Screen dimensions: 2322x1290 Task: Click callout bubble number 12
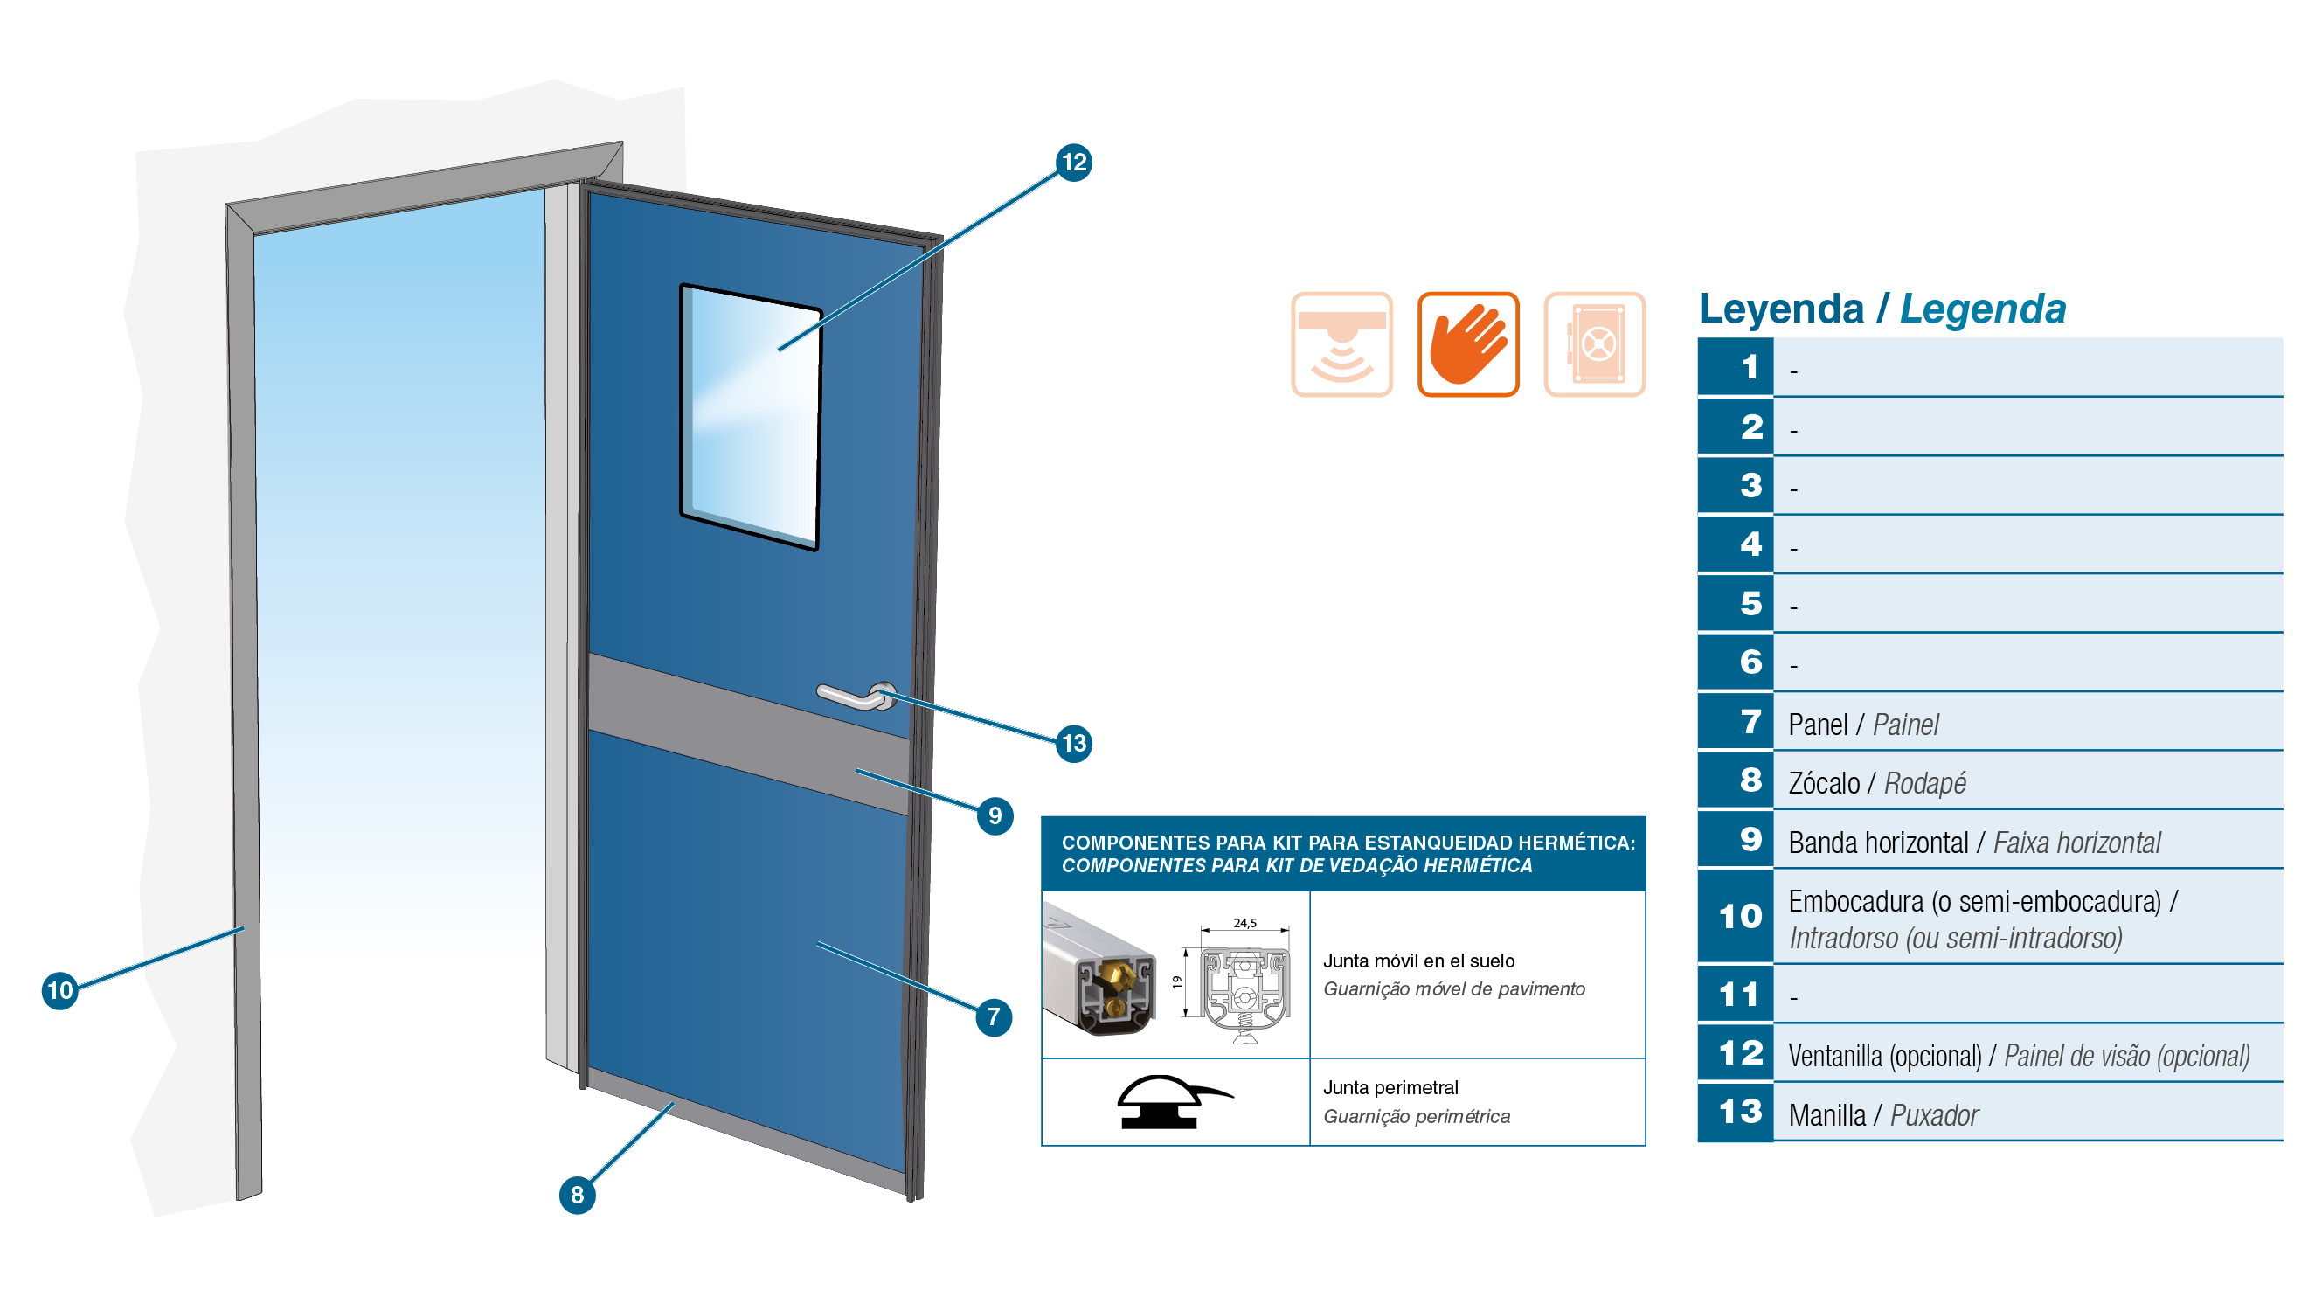[x=1073, y=163]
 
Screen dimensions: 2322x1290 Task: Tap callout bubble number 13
[x=1073, y=744]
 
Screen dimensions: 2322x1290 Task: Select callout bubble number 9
[x=995, y=815]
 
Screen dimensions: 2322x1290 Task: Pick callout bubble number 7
[x=994, y=1016]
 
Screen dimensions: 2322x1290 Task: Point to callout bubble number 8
[x=577, y=1195]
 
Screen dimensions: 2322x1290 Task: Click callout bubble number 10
[x=59, y=990]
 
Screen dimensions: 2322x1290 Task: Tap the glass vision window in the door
[x=751, y=417]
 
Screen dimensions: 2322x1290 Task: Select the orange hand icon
[x=1467, y=343]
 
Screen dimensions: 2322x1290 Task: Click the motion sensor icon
[x=1341, y=343]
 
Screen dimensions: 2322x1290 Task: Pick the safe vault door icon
[x=1594, y=343]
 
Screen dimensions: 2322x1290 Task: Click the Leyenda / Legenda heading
[x=1882, y=309]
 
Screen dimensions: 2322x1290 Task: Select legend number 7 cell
[x=1736, y=721]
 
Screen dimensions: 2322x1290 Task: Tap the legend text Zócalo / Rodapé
[x=1876, y=782]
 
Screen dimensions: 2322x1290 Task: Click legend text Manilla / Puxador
[x=1883, y=1114]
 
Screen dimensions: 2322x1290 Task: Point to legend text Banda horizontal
[x=1877, y=842]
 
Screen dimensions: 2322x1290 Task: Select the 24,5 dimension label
[x=1244, y=922]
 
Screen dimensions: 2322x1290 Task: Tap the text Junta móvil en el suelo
[x=1417, y=961]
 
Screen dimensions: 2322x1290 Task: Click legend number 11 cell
[x=1736, y=994]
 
